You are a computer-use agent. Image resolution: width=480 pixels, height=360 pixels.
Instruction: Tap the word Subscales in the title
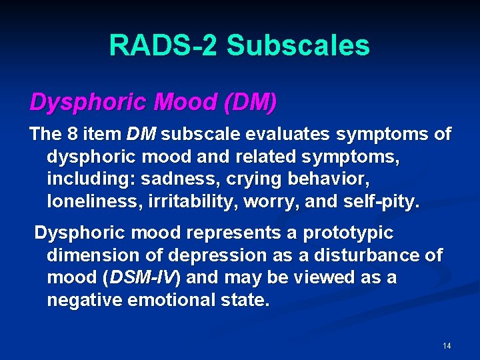point(298,45)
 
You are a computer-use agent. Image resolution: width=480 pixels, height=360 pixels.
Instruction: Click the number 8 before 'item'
point(72,134)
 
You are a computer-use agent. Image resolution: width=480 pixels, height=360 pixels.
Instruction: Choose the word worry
point(253,202)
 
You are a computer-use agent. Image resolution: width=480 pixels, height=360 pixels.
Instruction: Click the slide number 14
point(447,346)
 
